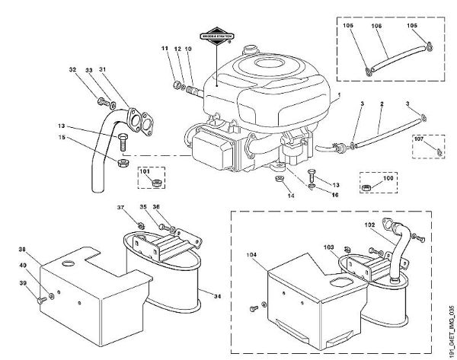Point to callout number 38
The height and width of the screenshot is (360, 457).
click(x=21, y=249)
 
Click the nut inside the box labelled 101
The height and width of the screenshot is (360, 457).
click(x=155, y=183)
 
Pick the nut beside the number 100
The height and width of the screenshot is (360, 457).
click(x=367, y=186)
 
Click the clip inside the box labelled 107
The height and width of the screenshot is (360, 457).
click(x=440, y=151)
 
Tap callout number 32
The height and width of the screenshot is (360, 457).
click(x=73, y=71)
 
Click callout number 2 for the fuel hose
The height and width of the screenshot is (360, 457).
click(x=382, y=102)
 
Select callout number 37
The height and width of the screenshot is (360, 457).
click(x=120, y=206)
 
